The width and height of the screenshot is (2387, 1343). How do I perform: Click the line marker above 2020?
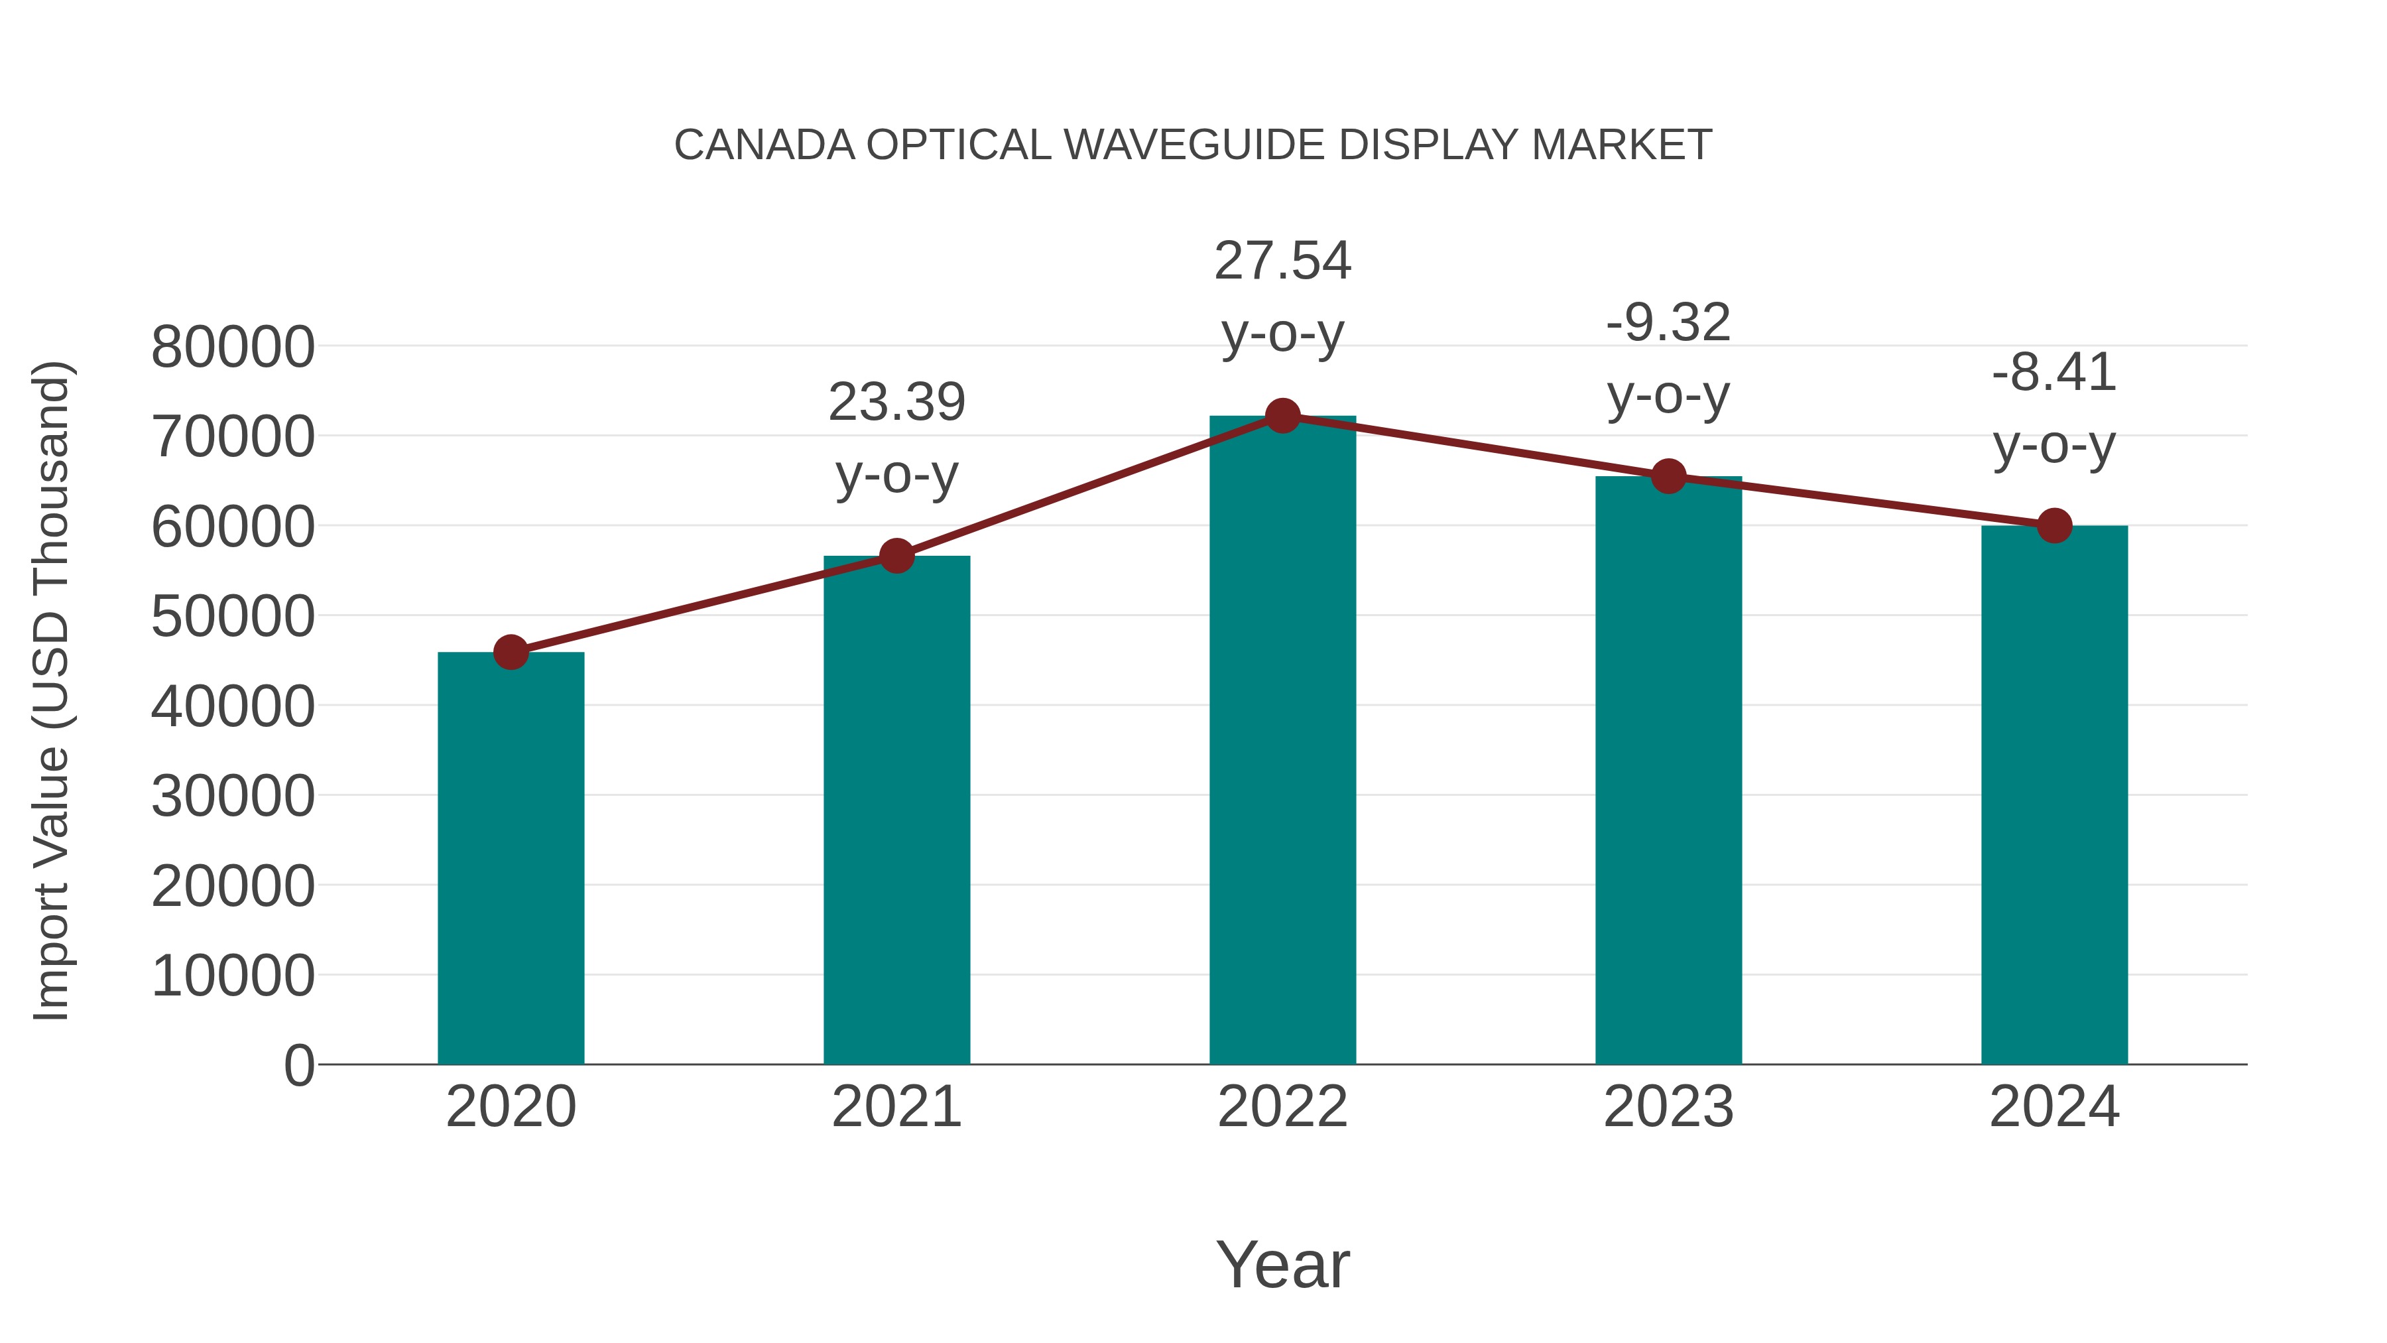(511, 653)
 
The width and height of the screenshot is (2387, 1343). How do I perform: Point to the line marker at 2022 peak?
(1282, 416)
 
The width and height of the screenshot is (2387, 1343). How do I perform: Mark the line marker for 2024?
(2054, 525)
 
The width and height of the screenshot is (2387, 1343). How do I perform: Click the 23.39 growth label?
(896, 403)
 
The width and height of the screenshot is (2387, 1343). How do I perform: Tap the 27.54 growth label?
(1282, 261)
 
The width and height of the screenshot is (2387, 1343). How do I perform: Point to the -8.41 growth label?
(2054, 373)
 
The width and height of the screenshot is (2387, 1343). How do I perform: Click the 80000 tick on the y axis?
(233, 348)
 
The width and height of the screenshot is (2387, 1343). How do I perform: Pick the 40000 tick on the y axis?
(233, 706)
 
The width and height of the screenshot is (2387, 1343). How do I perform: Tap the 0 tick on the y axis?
(299, 1065)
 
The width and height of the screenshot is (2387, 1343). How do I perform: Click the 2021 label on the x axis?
(896, 1107)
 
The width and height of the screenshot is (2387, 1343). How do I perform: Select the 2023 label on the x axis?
(1668, 1107)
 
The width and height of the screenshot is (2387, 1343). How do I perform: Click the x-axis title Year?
(1282, 1264)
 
